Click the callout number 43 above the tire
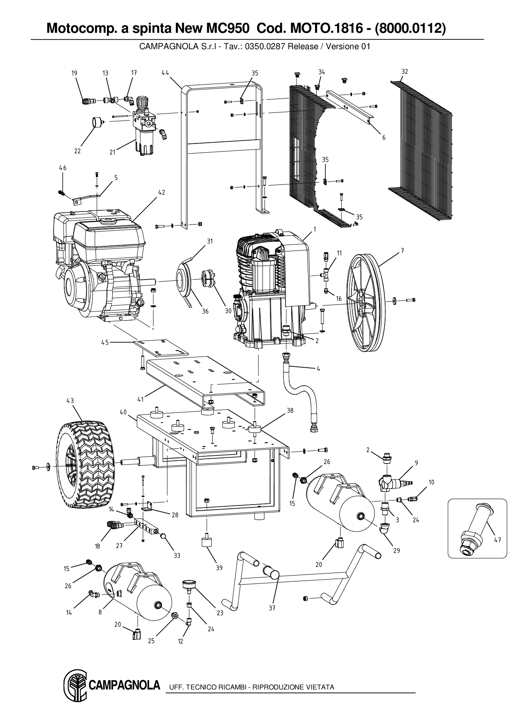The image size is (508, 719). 70,401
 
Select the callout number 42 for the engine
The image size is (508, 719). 162,192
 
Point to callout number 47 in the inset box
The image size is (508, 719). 497,540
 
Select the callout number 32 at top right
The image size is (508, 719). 405,71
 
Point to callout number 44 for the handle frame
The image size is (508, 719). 165,73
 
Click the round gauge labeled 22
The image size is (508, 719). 97,123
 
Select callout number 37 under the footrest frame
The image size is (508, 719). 272,608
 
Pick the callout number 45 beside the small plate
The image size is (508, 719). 105,342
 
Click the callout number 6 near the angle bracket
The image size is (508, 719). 384,138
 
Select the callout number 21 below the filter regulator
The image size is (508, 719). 112,152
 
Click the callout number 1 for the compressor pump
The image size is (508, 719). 315,230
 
